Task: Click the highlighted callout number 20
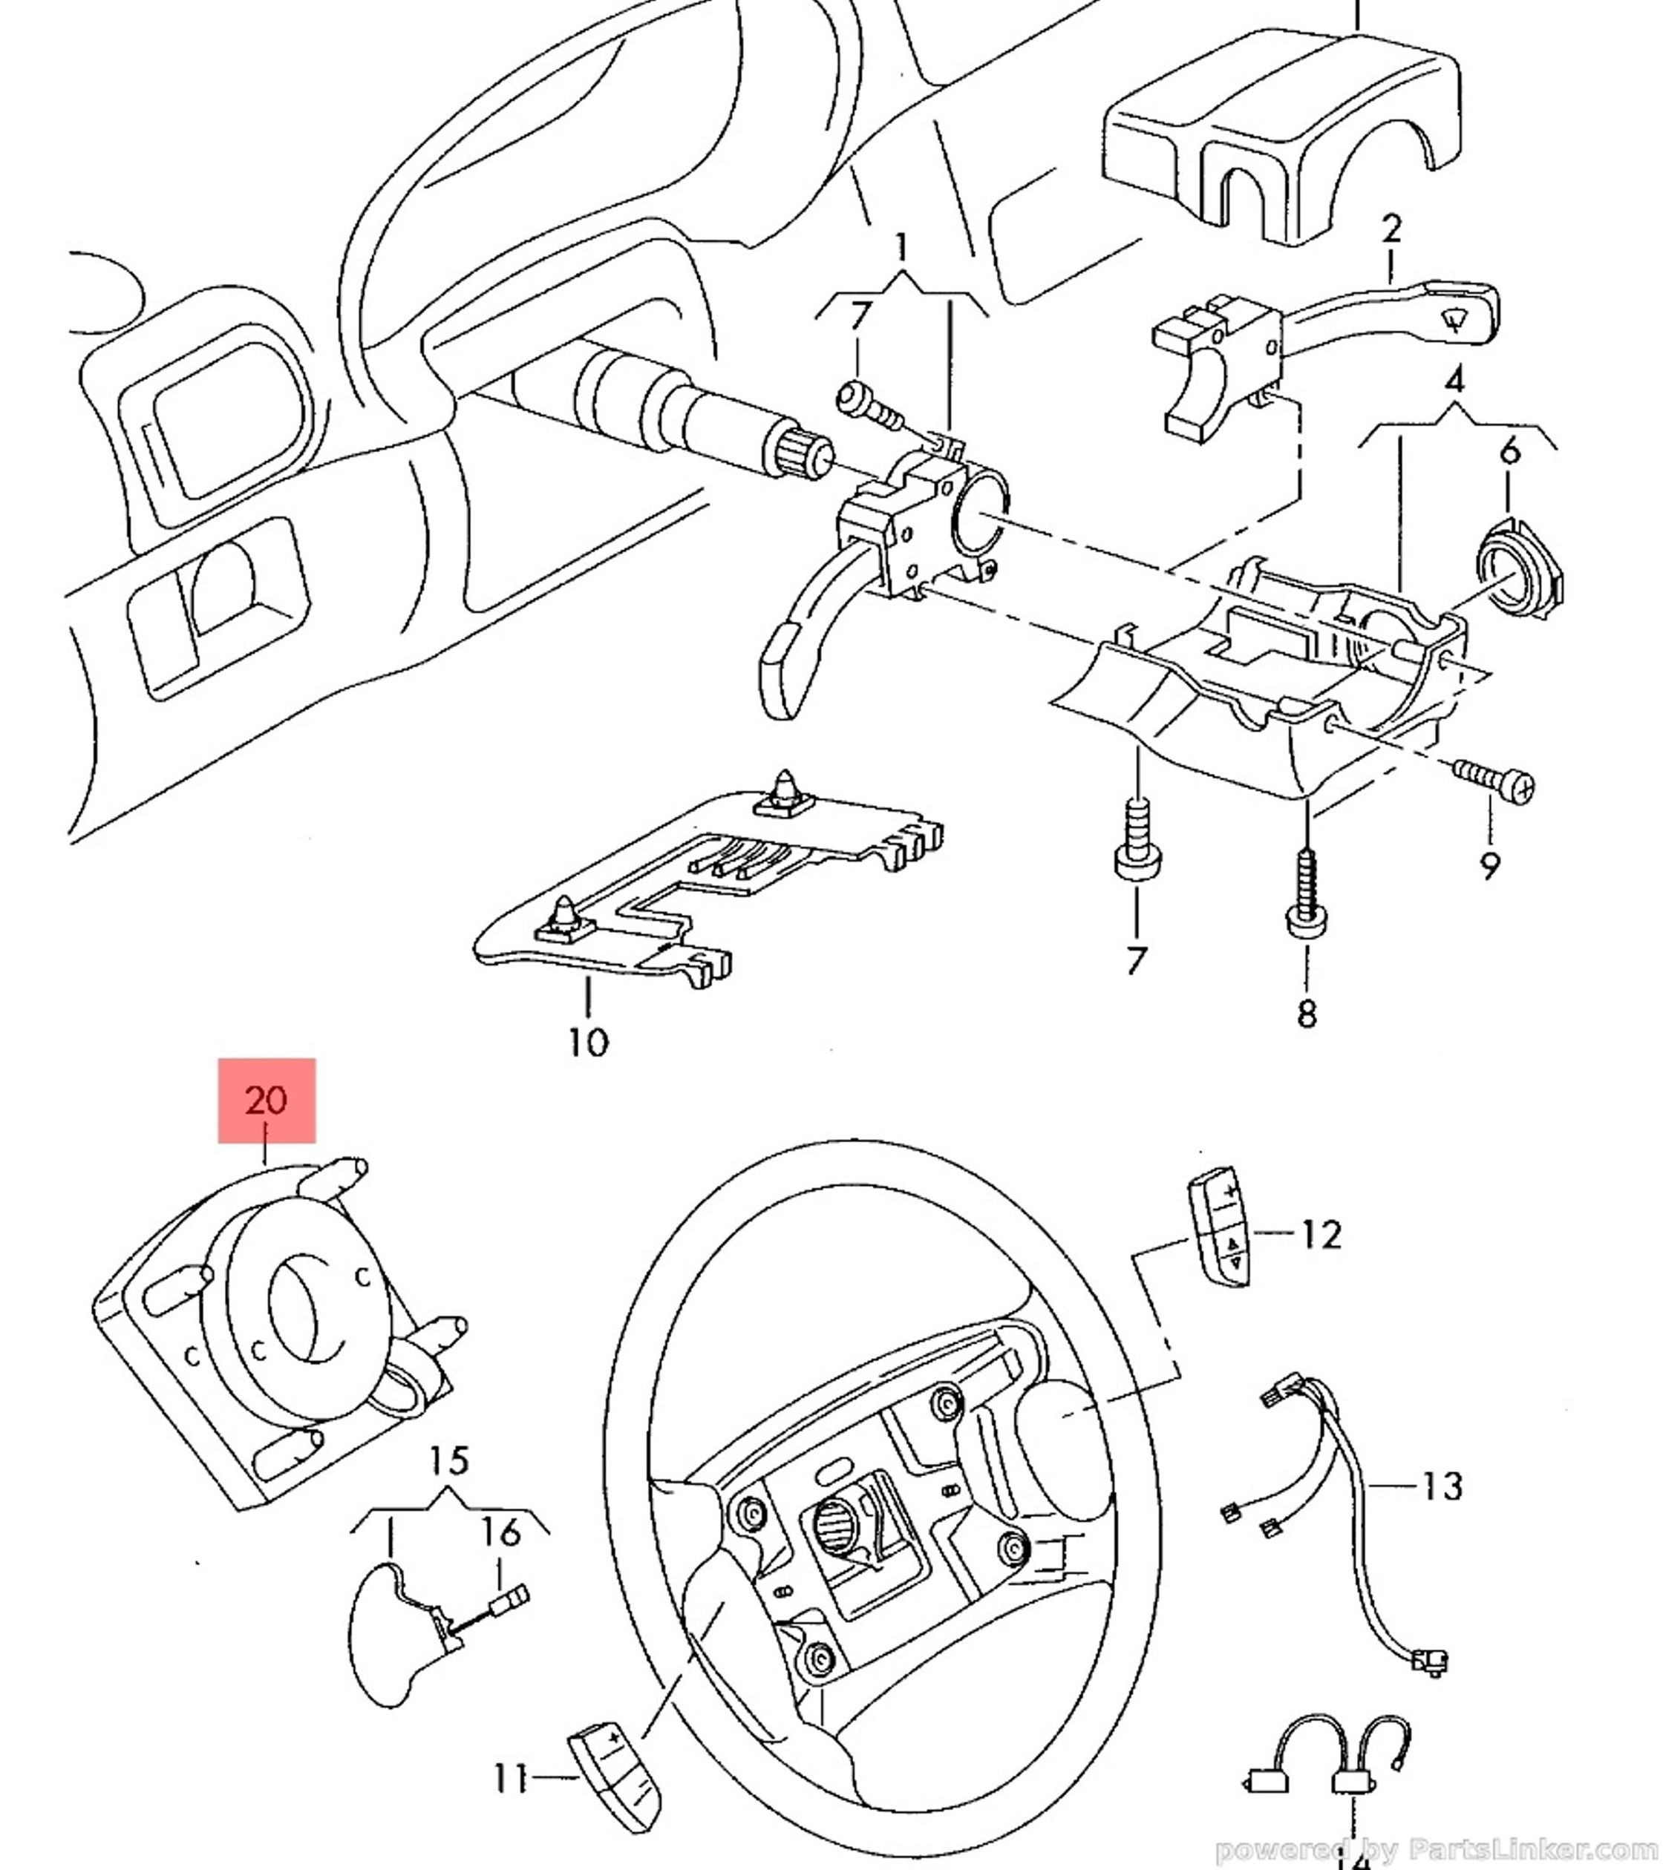267,1100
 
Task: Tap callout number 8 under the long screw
1306,1013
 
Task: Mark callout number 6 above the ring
1510,450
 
